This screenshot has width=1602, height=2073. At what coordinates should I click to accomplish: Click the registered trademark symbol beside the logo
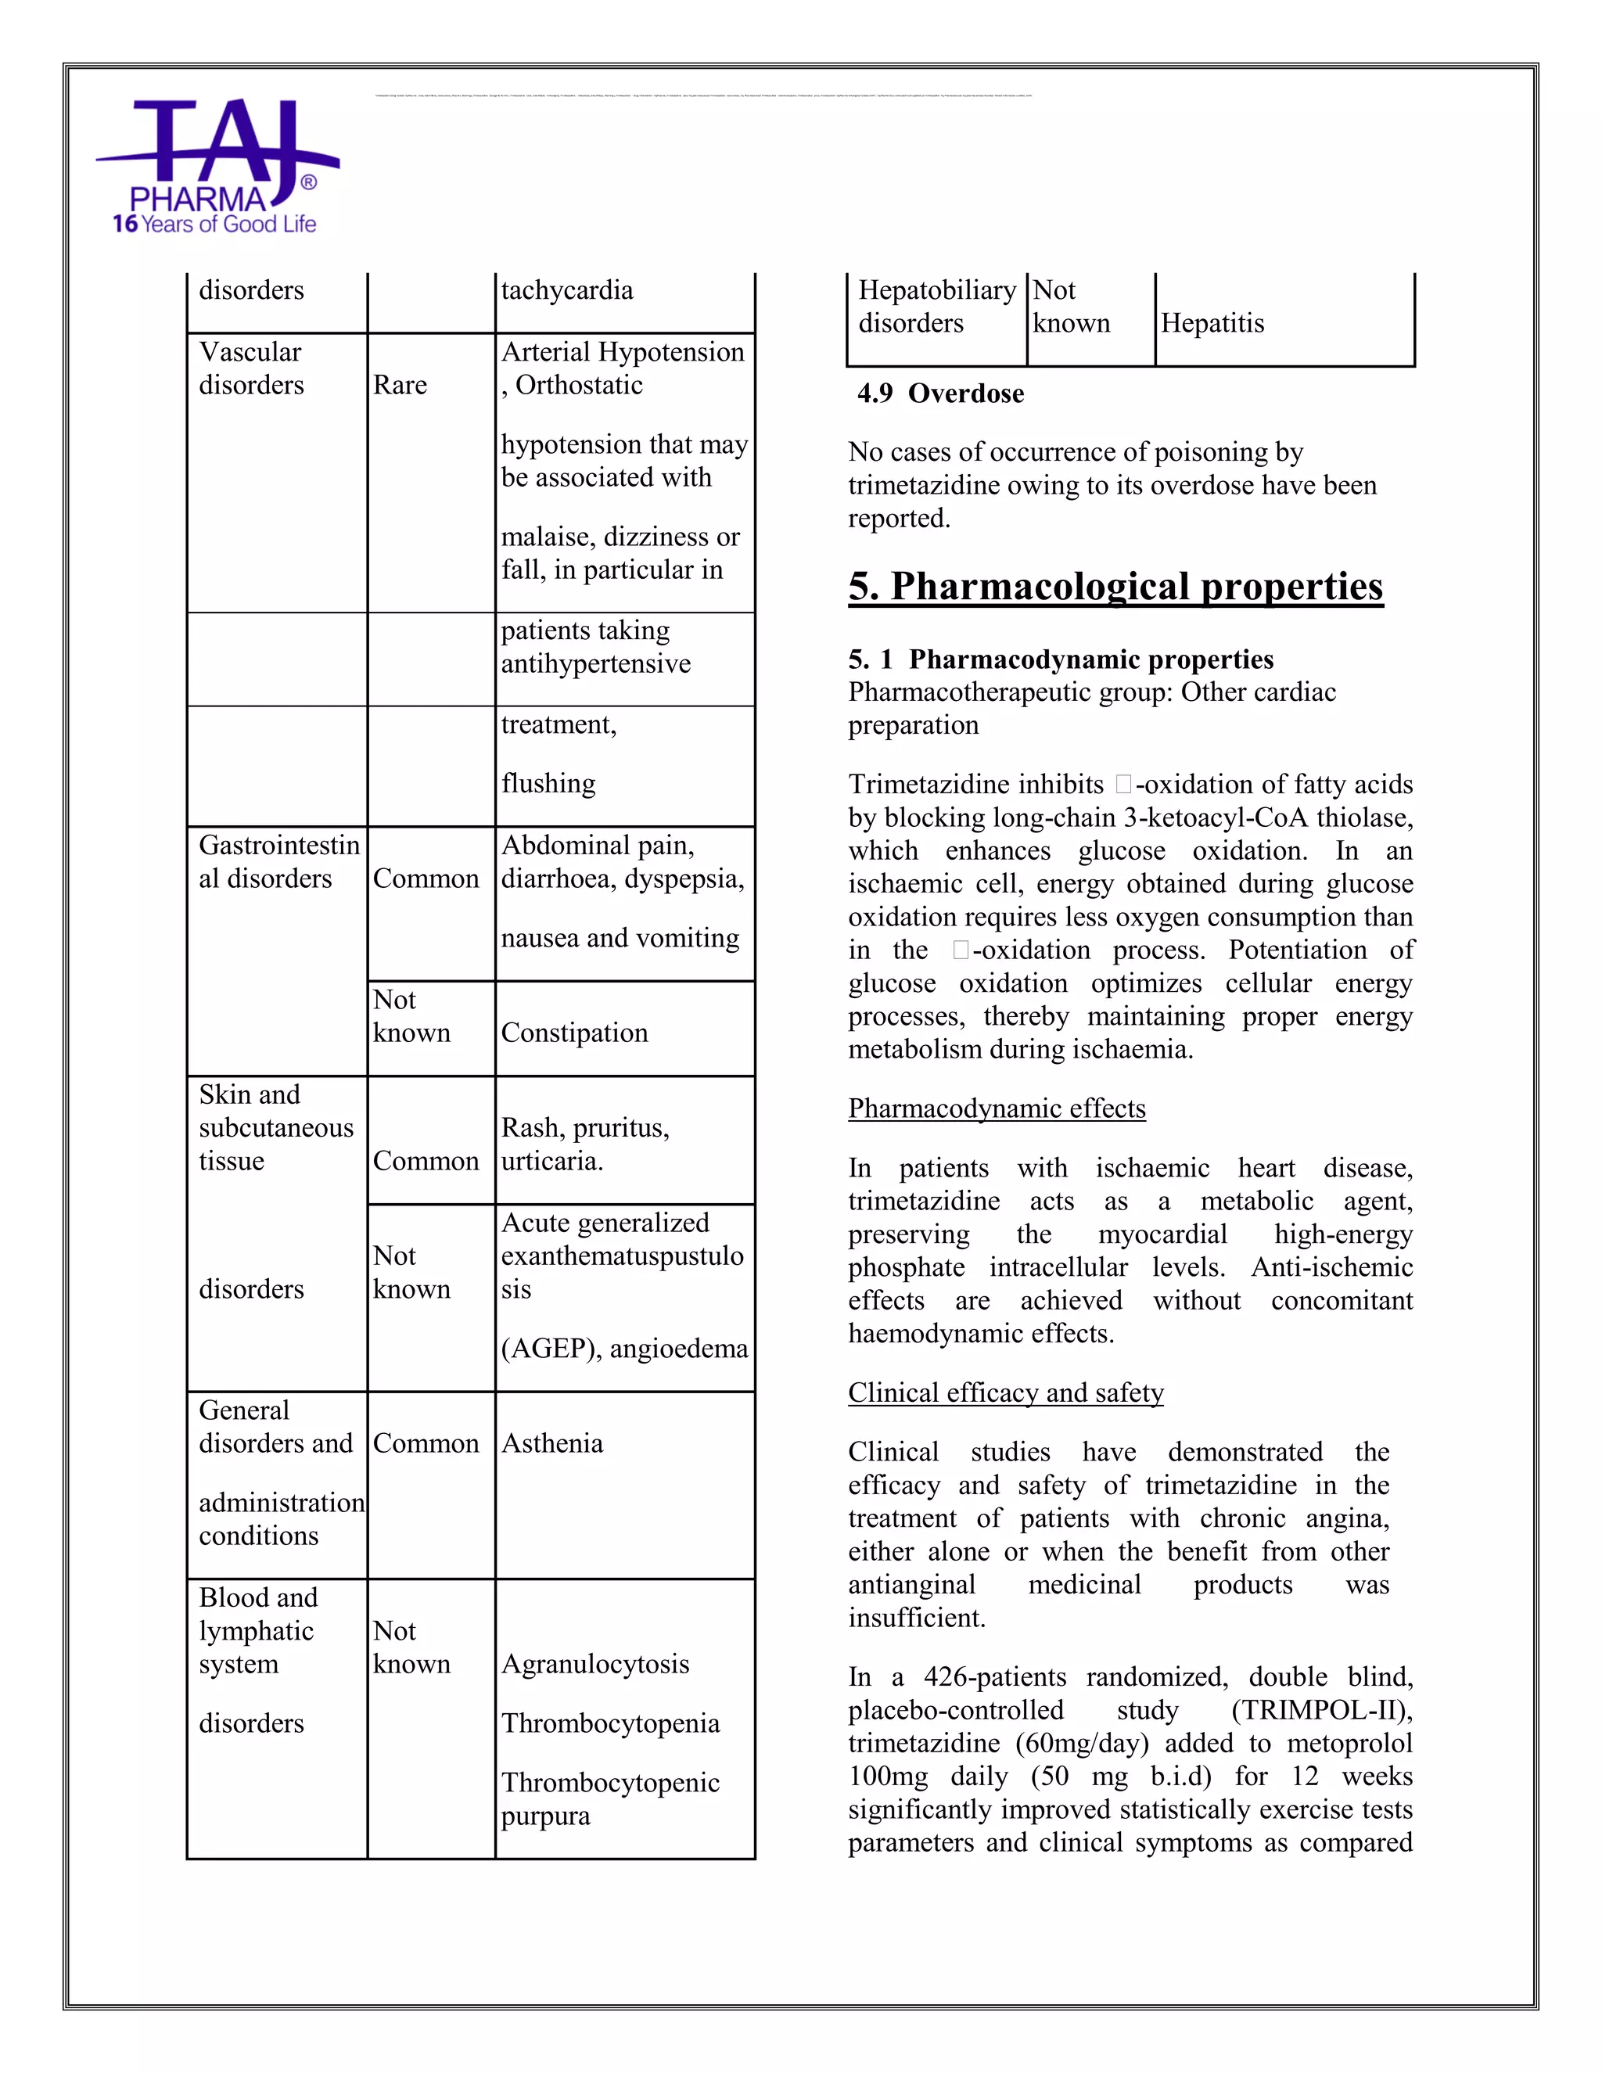coord(308,182)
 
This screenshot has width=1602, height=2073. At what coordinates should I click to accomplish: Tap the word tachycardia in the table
coord(566,290)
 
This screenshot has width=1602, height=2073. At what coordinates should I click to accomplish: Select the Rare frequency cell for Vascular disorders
coord(400,386)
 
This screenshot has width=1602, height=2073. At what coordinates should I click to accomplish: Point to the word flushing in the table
coord(548,784)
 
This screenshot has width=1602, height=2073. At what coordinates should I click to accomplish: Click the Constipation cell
coord(574,1033)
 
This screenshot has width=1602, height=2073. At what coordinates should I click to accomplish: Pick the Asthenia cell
coord(552,1444)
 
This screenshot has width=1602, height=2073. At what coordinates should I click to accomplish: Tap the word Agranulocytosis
coord(595,1664)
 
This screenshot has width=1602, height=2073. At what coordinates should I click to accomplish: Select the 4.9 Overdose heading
coord(939,394)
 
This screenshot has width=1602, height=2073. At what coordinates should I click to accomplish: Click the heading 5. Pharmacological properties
coord(1115,587)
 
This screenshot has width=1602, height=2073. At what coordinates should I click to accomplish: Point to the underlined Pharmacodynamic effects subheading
coord(997,1108)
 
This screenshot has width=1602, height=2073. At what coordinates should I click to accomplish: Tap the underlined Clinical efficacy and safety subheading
coord(1005,1392)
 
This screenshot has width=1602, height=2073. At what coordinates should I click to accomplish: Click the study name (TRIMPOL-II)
coord(1321,1710)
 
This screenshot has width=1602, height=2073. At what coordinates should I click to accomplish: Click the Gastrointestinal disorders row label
coord(278,862)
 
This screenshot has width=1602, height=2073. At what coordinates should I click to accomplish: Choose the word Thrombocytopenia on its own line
coord(610,1723)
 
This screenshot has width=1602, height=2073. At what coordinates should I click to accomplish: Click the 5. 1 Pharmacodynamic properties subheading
coord(1060,659)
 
